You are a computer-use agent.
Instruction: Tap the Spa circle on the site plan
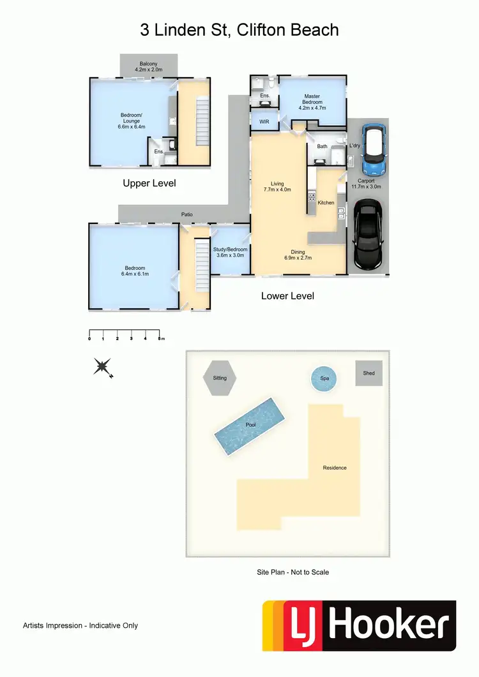[324, 378]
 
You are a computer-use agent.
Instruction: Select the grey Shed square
[369, 373]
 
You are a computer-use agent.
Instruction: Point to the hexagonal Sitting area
[220, 378]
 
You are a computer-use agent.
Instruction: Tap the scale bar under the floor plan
[126, 332]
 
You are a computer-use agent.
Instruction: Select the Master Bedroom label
[312, 102]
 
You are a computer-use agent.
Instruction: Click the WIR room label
[264, 121]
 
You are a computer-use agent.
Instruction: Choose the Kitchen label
[326, 203]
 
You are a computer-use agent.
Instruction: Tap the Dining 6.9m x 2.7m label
[298, 255]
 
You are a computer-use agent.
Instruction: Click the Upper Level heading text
[149, 183]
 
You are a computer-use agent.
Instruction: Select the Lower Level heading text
[287, 296]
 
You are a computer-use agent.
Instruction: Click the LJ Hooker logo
[360, 625]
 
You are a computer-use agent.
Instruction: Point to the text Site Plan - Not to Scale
[293, 572]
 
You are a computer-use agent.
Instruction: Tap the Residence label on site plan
[335, 468]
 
